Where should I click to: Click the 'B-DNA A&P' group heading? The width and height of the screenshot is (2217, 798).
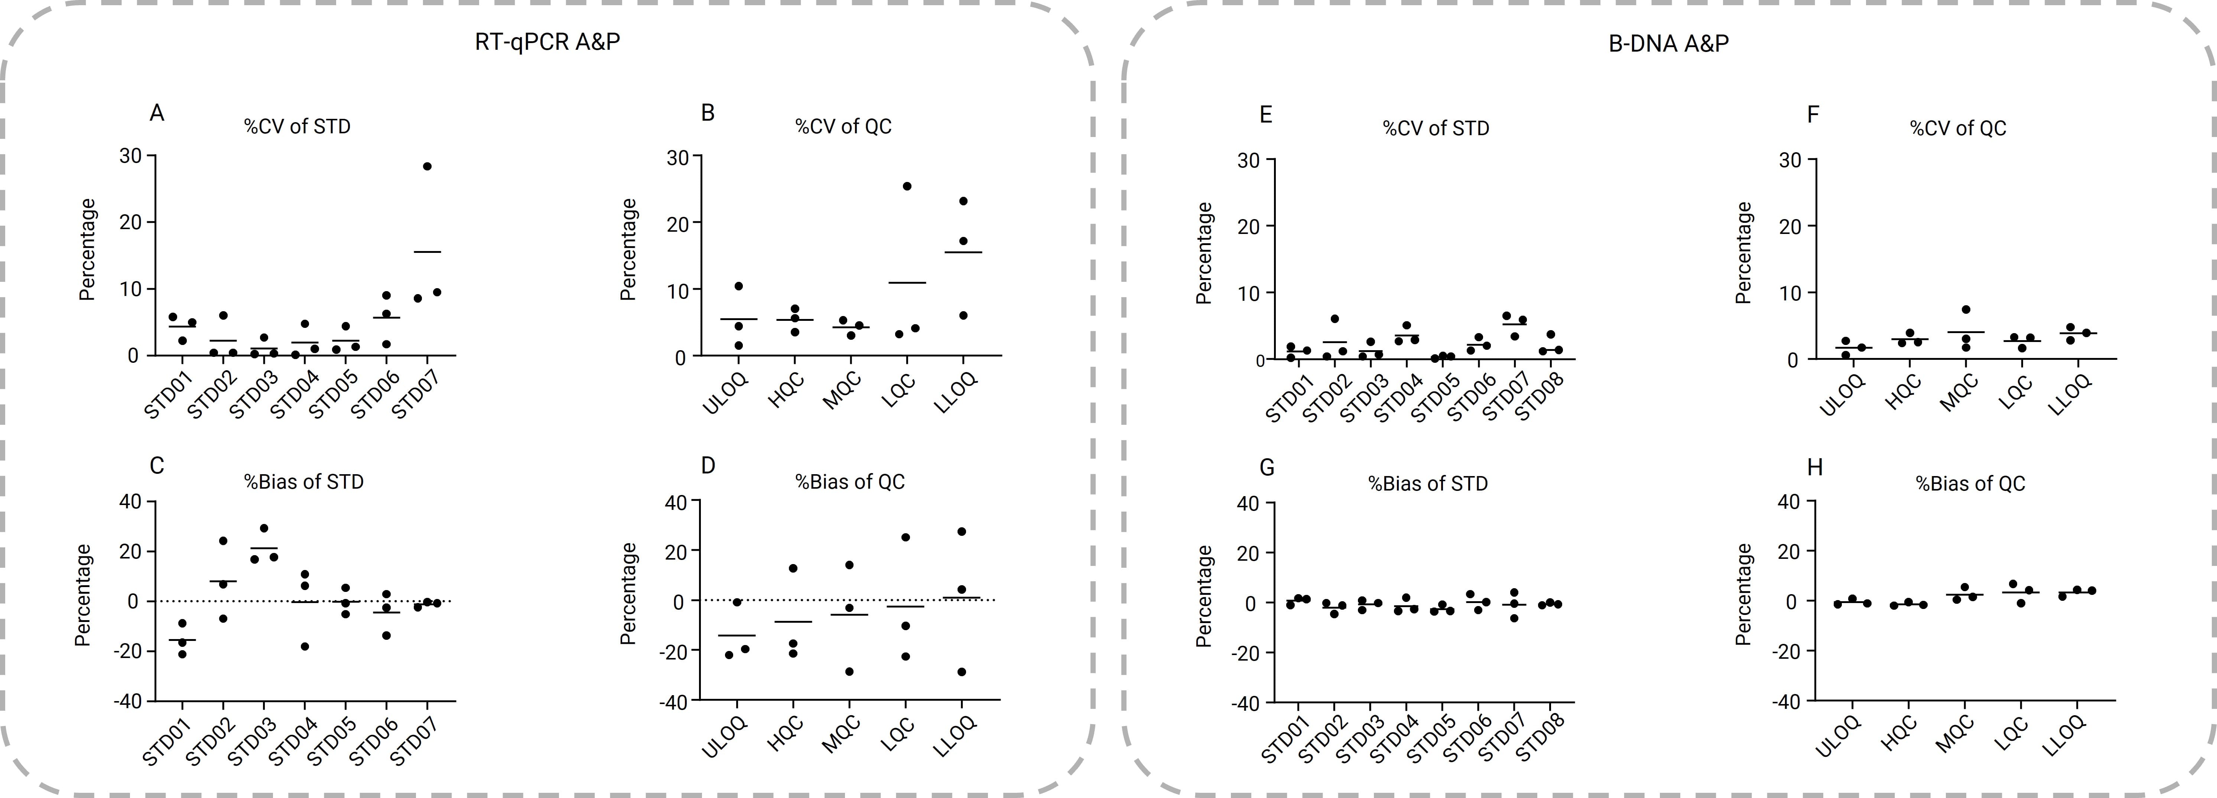coord(1668,43)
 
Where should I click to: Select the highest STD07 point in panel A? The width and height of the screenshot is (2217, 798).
coord(427,166)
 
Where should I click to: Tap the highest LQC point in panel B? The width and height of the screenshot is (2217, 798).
coord(906,186)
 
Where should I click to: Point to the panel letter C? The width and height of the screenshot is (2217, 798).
coord(157,466)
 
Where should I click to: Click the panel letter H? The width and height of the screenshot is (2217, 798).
coord(1814,468)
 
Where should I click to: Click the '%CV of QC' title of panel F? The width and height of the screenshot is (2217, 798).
coord(1958,128)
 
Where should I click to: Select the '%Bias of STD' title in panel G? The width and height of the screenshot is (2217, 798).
coord(1428,484)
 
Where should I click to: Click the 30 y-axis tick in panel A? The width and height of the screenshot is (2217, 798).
coord(131,156)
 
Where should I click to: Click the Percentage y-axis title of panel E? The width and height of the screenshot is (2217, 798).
coord(1204,253)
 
